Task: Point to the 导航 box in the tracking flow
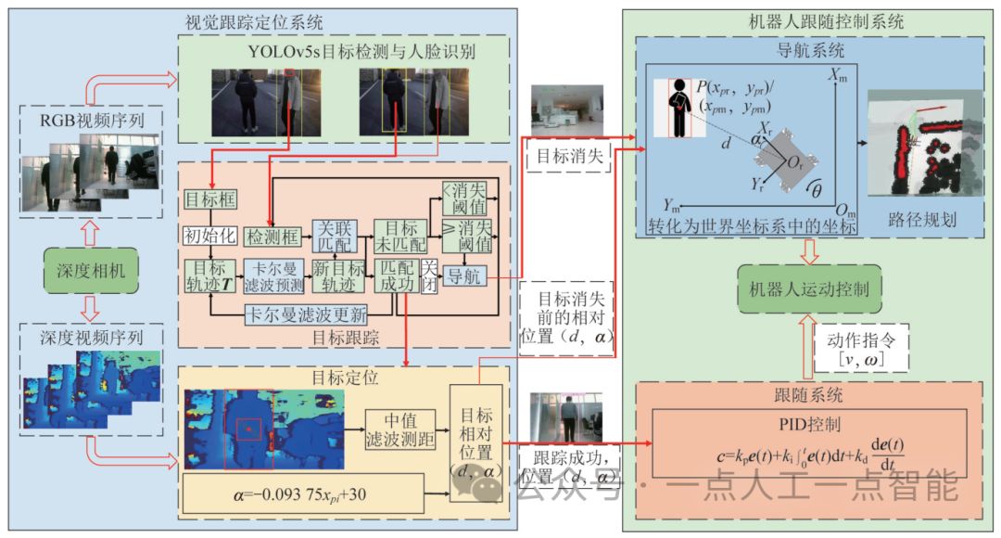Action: (x=463, y=275)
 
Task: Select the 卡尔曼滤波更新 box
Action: (x=305, y=312)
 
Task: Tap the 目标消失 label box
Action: (x=568, y=159)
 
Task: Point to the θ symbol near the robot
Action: (x=817, y=189)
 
